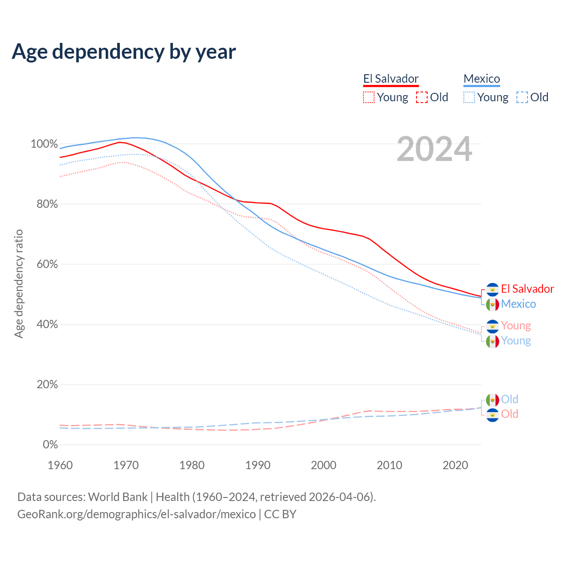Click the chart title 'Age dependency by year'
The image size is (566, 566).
(124, 51)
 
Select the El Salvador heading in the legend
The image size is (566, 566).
(391, 79)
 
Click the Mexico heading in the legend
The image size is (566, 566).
(482, 79)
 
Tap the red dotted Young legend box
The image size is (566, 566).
(369, 97)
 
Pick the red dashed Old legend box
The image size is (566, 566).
(422, 97)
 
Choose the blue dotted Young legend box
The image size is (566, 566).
(469, 97)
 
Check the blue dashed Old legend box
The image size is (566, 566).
(522, 97)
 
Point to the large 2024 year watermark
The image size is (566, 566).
(434, 149)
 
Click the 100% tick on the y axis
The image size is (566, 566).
(44, 144)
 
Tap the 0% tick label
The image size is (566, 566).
(50, 445)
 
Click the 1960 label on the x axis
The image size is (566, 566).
(60, 465)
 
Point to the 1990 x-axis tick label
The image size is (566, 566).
(258, 465)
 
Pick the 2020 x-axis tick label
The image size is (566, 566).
(455, 465)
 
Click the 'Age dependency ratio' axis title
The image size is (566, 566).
(19, 283)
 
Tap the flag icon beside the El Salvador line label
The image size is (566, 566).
(493, 289)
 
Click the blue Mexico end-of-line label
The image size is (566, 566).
(518, 304)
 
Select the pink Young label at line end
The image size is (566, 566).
(516, 326)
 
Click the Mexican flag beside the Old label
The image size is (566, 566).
(493, 400)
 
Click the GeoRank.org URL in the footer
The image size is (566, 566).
(136, 514)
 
